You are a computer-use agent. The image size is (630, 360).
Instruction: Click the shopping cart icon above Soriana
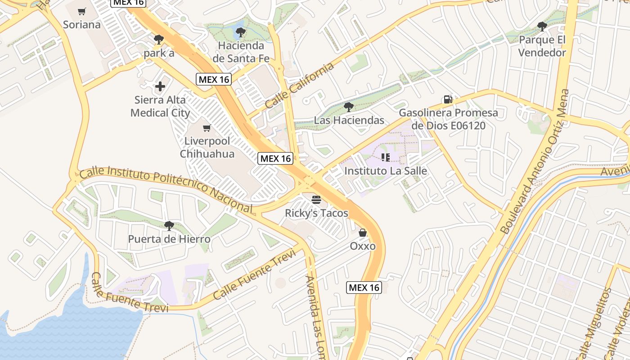(81, 11)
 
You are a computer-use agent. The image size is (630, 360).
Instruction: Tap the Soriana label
(81, 24)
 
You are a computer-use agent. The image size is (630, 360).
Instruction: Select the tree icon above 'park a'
(158, 40)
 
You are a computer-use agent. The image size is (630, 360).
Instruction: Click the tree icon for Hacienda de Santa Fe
(241, 32)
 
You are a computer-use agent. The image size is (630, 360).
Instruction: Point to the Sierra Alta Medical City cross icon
(160, 86)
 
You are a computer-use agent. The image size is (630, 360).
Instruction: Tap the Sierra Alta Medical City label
(160, 106)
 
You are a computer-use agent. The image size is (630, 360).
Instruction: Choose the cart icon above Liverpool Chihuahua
(207, 128)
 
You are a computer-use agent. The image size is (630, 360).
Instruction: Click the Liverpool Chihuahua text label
(207, 147)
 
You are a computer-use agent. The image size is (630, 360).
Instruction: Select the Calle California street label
(300, 85)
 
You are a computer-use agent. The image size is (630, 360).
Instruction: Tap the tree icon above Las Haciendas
(348, 107)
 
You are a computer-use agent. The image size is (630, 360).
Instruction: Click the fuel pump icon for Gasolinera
(448, 99)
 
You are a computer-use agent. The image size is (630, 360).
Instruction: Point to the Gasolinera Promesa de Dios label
(448, 119)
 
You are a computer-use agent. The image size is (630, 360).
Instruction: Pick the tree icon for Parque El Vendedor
(542, 27)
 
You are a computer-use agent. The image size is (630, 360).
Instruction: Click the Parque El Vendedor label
(542, 46)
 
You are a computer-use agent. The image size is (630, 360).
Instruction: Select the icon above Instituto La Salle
(386, 157)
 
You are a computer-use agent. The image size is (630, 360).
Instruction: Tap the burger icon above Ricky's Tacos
(316, 199)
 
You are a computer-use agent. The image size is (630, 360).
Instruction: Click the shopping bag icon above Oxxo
(363, 233)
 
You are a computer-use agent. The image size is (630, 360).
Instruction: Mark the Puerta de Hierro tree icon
(169, 225)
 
